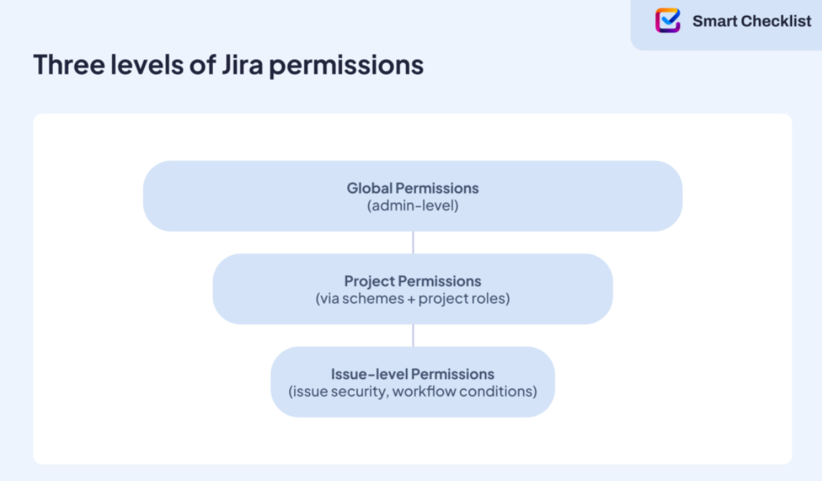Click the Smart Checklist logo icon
[667, 20]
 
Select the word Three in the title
[69, 65]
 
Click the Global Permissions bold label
[412, 188]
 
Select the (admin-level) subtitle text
[412, 205]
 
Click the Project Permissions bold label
[412, 281]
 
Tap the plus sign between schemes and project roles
[412, 299]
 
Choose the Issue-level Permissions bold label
[412, 373]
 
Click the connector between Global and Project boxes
[413, 243]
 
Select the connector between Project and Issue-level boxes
[413, 335]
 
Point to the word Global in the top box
[369, 188]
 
